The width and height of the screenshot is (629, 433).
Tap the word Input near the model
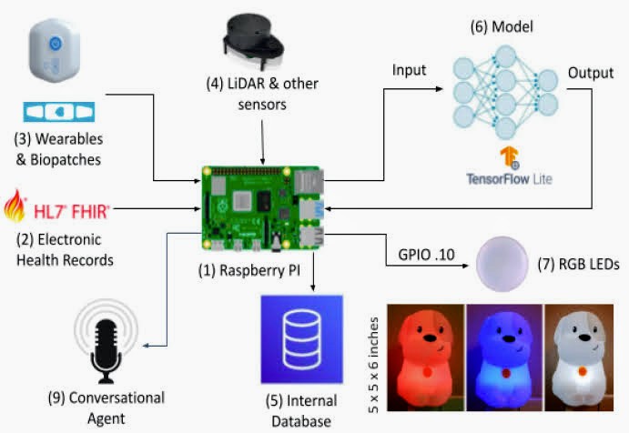click(x=410, y=70)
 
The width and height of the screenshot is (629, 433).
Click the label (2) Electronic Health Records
click(x=64, y=249)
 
